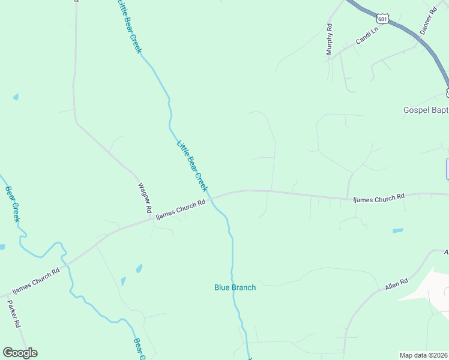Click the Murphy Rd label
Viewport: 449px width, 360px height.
click(329, 40)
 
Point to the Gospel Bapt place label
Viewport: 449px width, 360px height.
click(425, 110)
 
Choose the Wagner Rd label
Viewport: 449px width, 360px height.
click(145, 199)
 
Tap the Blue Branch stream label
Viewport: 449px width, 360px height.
click(235, 287)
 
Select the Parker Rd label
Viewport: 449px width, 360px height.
click(14, 313)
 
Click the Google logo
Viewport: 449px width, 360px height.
click(20, 353)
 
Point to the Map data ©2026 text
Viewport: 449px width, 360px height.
click(424, 355)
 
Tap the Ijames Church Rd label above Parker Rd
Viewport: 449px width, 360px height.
click(36, 279)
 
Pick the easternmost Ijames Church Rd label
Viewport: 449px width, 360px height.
click(379, 196)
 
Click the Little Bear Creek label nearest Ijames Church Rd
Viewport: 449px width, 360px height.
click(192, 166)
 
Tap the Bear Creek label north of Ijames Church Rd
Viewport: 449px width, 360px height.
click(13, 205)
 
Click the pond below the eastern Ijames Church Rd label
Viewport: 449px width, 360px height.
click(397, 230)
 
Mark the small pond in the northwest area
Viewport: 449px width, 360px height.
click(16, 97)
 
